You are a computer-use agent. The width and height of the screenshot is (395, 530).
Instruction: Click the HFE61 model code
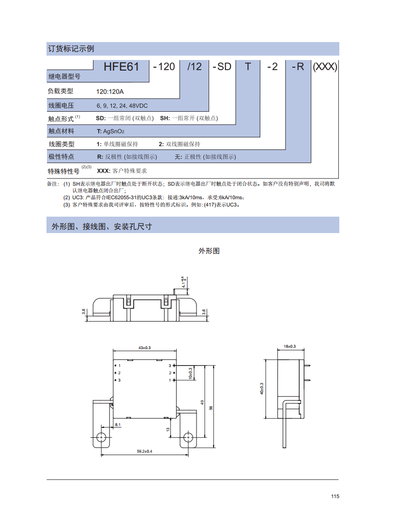click(x=121, y=67)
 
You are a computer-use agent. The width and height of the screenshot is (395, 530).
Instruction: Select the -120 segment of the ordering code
click(x=164, y=67)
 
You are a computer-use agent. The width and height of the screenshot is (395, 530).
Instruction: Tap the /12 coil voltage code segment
click(x=194, y=67)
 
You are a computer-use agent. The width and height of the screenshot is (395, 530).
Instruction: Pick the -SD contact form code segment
click(x=222, y=67)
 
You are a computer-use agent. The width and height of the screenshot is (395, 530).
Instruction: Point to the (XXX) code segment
click(x=325, y=67)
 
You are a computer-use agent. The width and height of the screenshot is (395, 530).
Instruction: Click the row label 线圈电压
click(x=61, y=105)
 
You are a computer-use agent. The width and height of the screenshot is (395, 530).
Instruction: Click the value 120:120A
click(x=110, y=91)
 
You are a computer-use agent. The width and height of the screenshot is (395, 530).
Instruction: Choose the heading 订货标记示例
click(x=71, y=49)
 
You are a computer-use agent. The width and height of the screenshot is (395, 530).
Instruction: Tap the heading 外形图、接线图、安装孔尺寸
click(x=102, y=226)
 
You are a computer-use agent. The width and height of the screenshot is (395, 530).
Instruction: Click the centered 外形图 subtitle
click(x=209, y=251)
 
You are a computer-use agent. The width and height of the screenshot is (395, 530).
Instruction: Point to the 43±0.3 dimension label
click(x=145, y=348)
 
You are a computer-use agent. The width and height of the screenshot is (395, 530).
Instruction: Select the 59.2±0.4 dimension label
click(x=145, y=451)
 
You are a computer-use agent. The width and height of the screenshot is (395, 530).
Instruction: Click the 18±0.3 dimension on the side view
click(x=290, y=346)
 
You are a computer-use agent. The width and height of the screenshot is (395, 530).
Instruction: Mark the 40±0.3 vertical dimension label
click(x=262, y=389)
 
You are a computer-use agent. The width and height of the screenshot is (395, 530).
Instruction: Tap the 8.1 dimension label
click(x=118, y=425)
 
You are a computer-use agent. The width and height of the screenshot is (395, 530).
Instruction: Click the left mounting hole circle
click(x=101, y=437)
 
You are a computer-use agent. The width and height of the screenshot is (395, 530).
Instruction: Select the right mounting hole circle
click(x=188, y=437)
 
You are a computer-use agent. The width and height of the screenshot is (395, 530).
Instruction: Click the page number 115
click(x=335, y=496)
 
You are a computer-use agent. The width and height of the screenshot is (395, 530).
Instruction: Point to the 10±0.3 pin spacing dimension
click(x=190, y=373)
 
